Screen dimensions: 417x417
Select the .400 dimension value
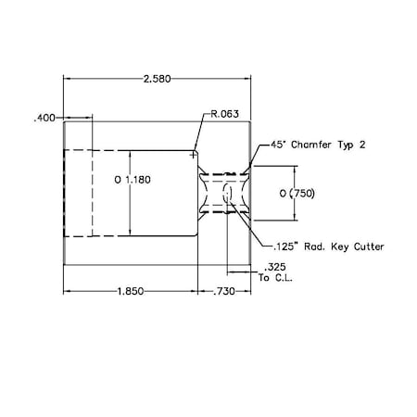pyautogui.click(x=44, y=118)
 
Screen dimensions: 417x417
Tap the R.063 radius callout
pyautogui.click(x=225, y=114)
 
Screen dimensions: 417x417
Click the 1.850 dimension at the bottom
pyautogui.click(x=131, y=292)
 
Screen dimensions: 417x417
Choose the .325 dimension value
pyautogui.click(x=273, y=267)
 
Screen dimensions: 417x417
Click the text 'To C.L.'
pyautogui.click(x=275, y=277)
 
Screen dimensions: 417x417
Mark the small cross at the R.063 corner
pyautogui.click(x=194, y=155)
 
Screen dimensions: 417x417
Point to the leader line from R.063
pyautogui.click(x=201, y=130)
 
